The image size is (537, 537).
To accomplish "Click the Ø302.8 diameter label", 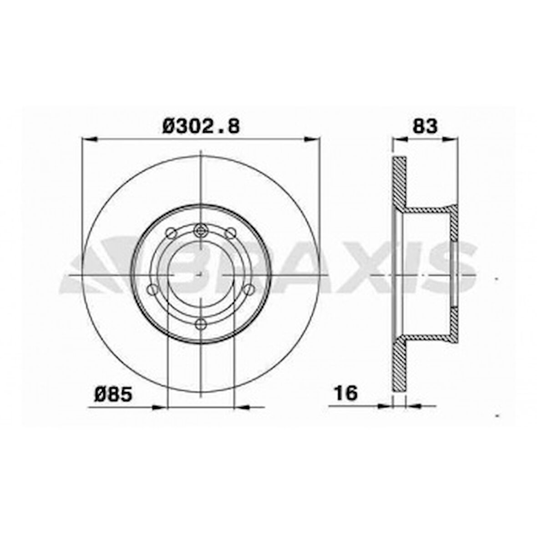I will tap(201, 126).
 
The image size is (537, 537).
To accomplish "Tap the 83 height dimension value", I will tap(424, 126).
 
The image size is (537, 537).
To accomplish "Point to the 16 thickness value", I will tap(346, 393).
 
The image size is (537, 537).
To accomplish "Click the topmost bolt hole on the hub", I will tap(201, 230).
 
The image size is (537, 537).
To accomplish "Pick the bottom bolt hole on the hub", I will tap(201, 324).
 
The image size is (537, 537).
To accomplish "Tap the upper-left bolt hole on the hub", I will tap(171, 233).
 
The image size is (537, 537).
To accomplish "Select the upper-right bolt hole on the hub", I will tap(232, 233).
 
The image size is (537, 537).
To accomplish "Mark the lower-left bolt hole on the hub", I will tap(152, 289).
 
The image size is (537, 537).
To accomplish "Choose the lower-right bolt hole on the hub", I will tap(248, 289).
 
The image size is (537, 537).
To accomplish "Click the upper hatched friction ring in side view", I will tap(399, 182).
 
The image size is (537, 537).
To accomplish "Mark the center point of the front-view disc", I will tap(201, 276).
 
